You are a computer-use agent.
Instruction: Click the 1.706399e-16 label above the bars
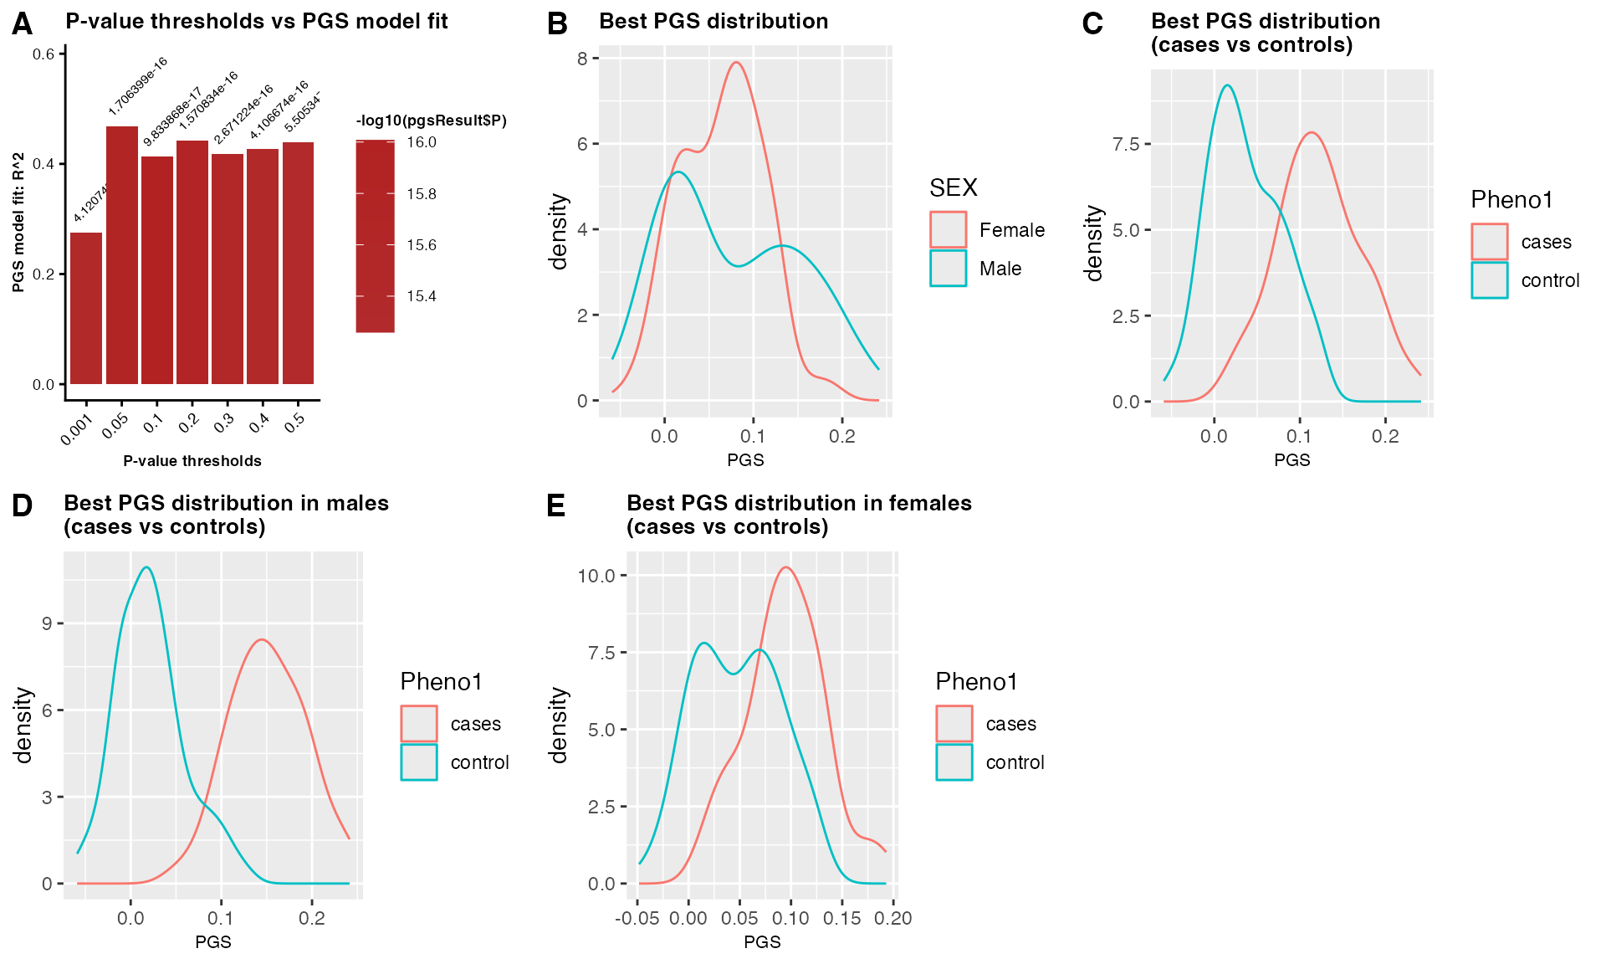pos(138,86)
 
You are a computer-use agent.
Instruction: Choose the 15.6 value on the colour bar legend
pos(422,245)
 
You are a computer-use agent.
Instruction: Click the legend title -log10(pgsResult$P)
pos(431,120)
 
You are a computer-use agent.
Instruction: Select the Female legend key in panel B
pos(948,230)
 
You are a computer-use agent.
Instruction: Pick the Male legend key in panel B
pos(948,269)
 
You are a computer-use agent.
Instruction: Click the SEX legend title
pos(953,187)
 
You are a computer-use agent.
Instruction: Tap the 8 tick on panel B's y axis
pos(582,59)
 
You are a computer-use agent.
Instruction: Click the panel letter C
pos(1092,23)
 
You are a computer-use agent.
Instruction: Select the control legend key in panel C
pos(1489,280)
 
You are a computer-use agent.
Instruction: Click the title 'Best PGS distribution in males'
pos(226,503)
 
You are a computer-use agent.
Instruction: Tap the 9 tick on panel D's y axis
pos(47,623)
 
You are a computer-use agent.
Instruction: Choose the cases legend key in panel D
pos(419,724)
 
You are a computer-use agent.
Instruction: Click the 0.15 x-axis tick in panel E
pos(841,918)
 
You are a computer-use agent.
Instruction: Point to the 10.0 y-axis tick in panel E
pos(596,576)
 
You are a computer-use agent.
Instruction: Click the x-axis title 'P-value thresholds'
pos(192,461)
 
